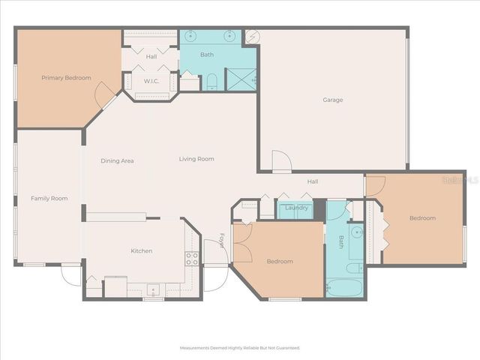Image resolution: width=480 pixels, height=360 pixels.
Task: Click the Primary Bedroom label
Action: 66,78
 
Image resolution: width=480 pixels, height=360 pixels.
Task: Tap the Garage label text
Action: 333,100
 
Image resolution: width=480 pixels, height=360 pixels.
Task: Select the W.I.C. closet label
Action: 151,81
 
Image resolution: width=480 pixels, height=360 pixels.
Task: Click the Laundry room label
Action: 297,208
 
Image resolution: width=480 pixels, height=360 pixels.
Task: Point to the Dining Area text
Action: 117,160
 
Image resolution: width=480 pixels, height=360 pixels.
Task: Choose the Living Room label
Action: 196,159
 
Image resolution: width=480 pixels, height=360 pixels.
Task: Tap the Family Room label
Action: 49,199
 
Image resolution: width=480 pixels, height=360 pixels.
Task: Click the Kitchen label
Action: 142,251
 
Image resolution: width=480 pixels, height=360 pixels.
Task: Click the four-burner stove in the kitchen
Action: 192,259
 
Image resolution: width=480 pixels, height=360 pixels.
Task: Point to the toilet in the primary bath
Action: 212,81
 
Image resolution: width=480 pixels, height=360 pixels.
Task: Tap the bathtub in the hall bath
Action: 343,287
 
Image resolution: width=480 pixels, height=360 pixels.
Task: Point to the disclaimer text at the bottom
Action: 239,348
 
